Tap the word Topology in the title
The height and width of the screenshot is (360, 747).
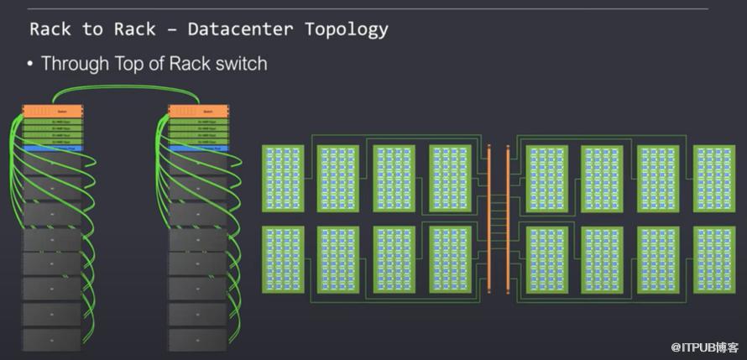[347, 29]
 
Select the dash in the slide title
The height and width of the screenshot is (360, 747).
[171, 29]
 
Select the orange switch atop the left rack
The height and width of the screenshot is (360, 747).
[52, 111]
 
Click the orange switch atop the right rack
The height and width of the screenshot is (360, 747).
[198, 111]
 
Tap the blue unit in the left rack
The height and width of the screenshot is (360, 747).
[52, 149]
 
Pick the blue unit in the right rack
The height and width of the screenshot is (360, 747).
[198, 149]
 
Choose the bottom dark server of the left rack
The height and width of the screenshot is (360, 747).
[52, 340]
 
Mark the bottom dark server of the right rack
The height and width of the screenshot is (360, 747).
[198, 340]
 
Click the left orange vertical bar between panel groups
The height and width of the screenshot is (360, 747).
[488, 218]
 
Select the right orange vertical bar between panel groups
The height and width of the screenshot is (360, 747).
[508, 218]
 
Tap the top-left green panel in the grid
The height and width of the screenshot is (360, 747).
[283, 178]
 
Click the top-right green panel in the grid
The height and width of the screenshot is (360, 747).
[714, 178]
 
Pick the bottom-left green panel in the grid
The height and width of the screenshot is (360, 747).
[283, 259]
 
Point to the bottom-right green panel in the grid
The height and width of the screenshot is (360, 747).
[714, 259]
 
